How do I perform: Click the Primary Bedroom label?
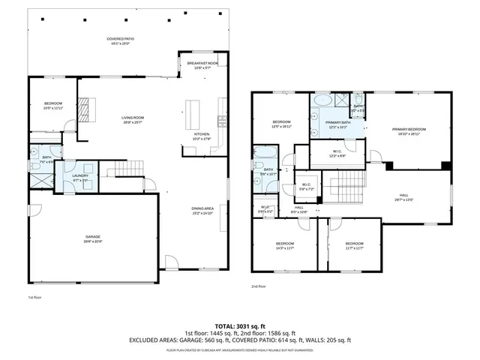(409, 131)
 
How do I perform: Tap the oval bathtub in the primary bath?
(322, 100)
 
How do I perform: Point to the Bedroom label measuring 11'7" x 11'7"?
(354, 246)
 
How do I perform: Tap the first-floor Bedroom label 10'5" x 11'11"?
(52, 105)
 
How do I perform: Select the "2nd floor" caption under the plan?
(259, 286)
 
